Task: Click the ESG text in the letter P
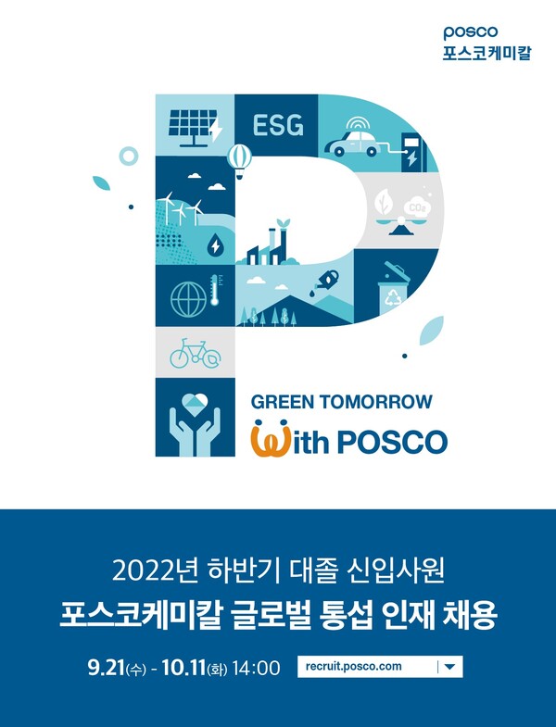[278, 125]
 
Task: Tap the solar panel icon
[195, 128]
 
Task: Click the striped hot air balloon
[239, 160]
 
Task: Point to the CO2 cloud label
[417, 207]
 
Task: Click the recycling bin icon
[393, 286]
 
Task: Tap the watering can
[325, 281]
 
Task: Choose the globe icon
[188, 299]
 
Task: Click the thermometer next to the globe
[214, 290]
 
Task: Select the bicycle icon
[195, 354]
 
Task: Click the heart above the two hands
[195, 405]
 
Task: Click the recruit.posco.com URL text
[354, 666]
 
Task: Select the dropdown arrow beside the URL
[449, 667]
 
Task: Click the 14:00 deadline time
[256, 668]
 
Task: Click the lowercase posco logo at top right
[470, 33]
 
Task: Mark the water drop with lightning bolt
[215, 244]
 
